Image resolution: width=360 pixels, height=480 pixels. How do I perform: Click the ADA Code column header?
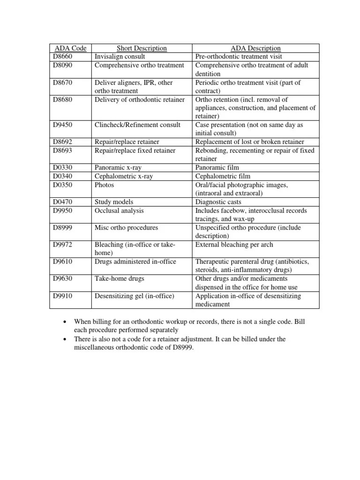(71, 48)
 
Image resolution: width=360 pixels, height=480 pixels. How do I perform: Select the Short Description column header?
(142, 48)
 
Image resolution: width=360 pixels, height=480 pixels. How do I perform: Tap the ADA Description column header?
(255, 48)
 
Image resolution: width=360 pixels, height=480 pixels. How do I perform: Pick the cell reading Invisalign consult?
(120, 56)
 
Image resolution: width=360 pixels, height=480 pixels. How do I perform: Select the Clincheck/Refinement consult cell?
(137, 125)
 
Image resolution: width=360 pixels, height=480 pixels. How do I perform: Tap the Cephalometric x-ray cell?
(123, 176)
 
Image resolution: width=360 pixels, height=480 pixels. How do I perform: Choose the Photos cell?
(104, 185)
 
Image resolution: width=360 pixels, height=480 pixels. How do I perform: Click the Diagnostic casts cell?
(218, 202)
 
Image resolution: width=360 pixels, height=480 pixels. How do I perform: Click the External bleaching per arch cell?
(234, 244)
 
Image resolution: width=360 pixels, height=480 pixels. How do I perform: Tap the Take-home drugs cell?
(119, 278)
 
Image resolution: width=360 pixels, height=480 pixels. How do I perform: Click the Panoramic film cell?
(217, 167)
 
